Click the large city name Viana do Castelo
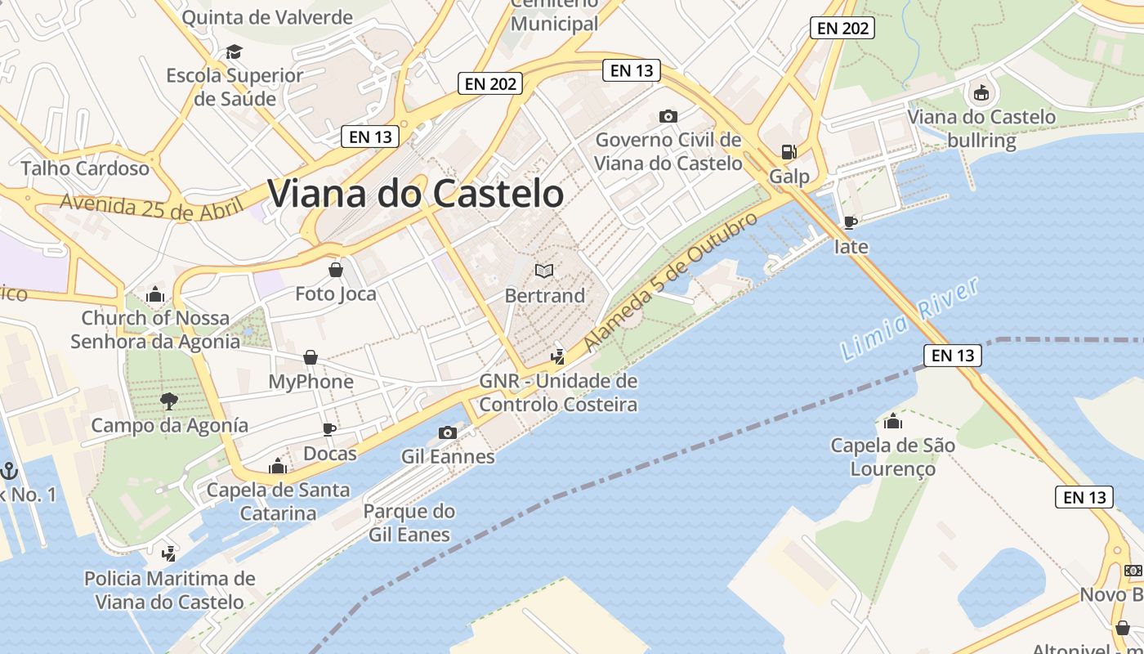pyautogui.click(x=416, y=194)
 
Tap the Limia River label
pyautogui.click(x=909, y=319)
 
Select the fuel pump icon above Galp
pyautogui.click(x=789, y=151)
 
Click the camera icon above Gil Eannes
pyautogui.click(x=447, y=432)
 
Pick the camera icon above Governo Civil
pyautogui.click(x=668, y=116)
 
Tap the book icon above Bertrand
pyautogui.click(x=544, y=271)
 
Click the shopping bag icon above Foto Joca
pyautogui.click(x=335, y=270)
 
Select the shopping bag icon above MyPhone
pyautogui.click(x=311, y=357)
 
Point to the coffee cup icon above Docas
pyautogui.click(x=329, y=429)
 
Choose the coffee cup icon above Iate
pyautogui.click(x=851, y=222)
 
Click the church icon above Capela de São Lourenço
pyautogui.click(x=892, y=422)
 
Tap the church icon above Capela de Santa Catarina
pyautogui.click(x=278, y=467)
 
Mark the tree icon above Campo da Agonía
pyautogui.click(x=169, y=401)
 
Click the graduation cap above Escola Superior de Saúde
pyautogui.click(x=235, y=52)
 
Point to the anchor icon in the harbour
pyautogui.click(x=9, y=470)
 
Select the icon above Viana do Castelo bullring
pyautogui.click(x=981, y=92)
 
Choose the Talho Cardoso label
pyautogui.click(x=85, y=168)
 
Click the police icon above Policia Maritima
pyautogui.click(x=169, y=553)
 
